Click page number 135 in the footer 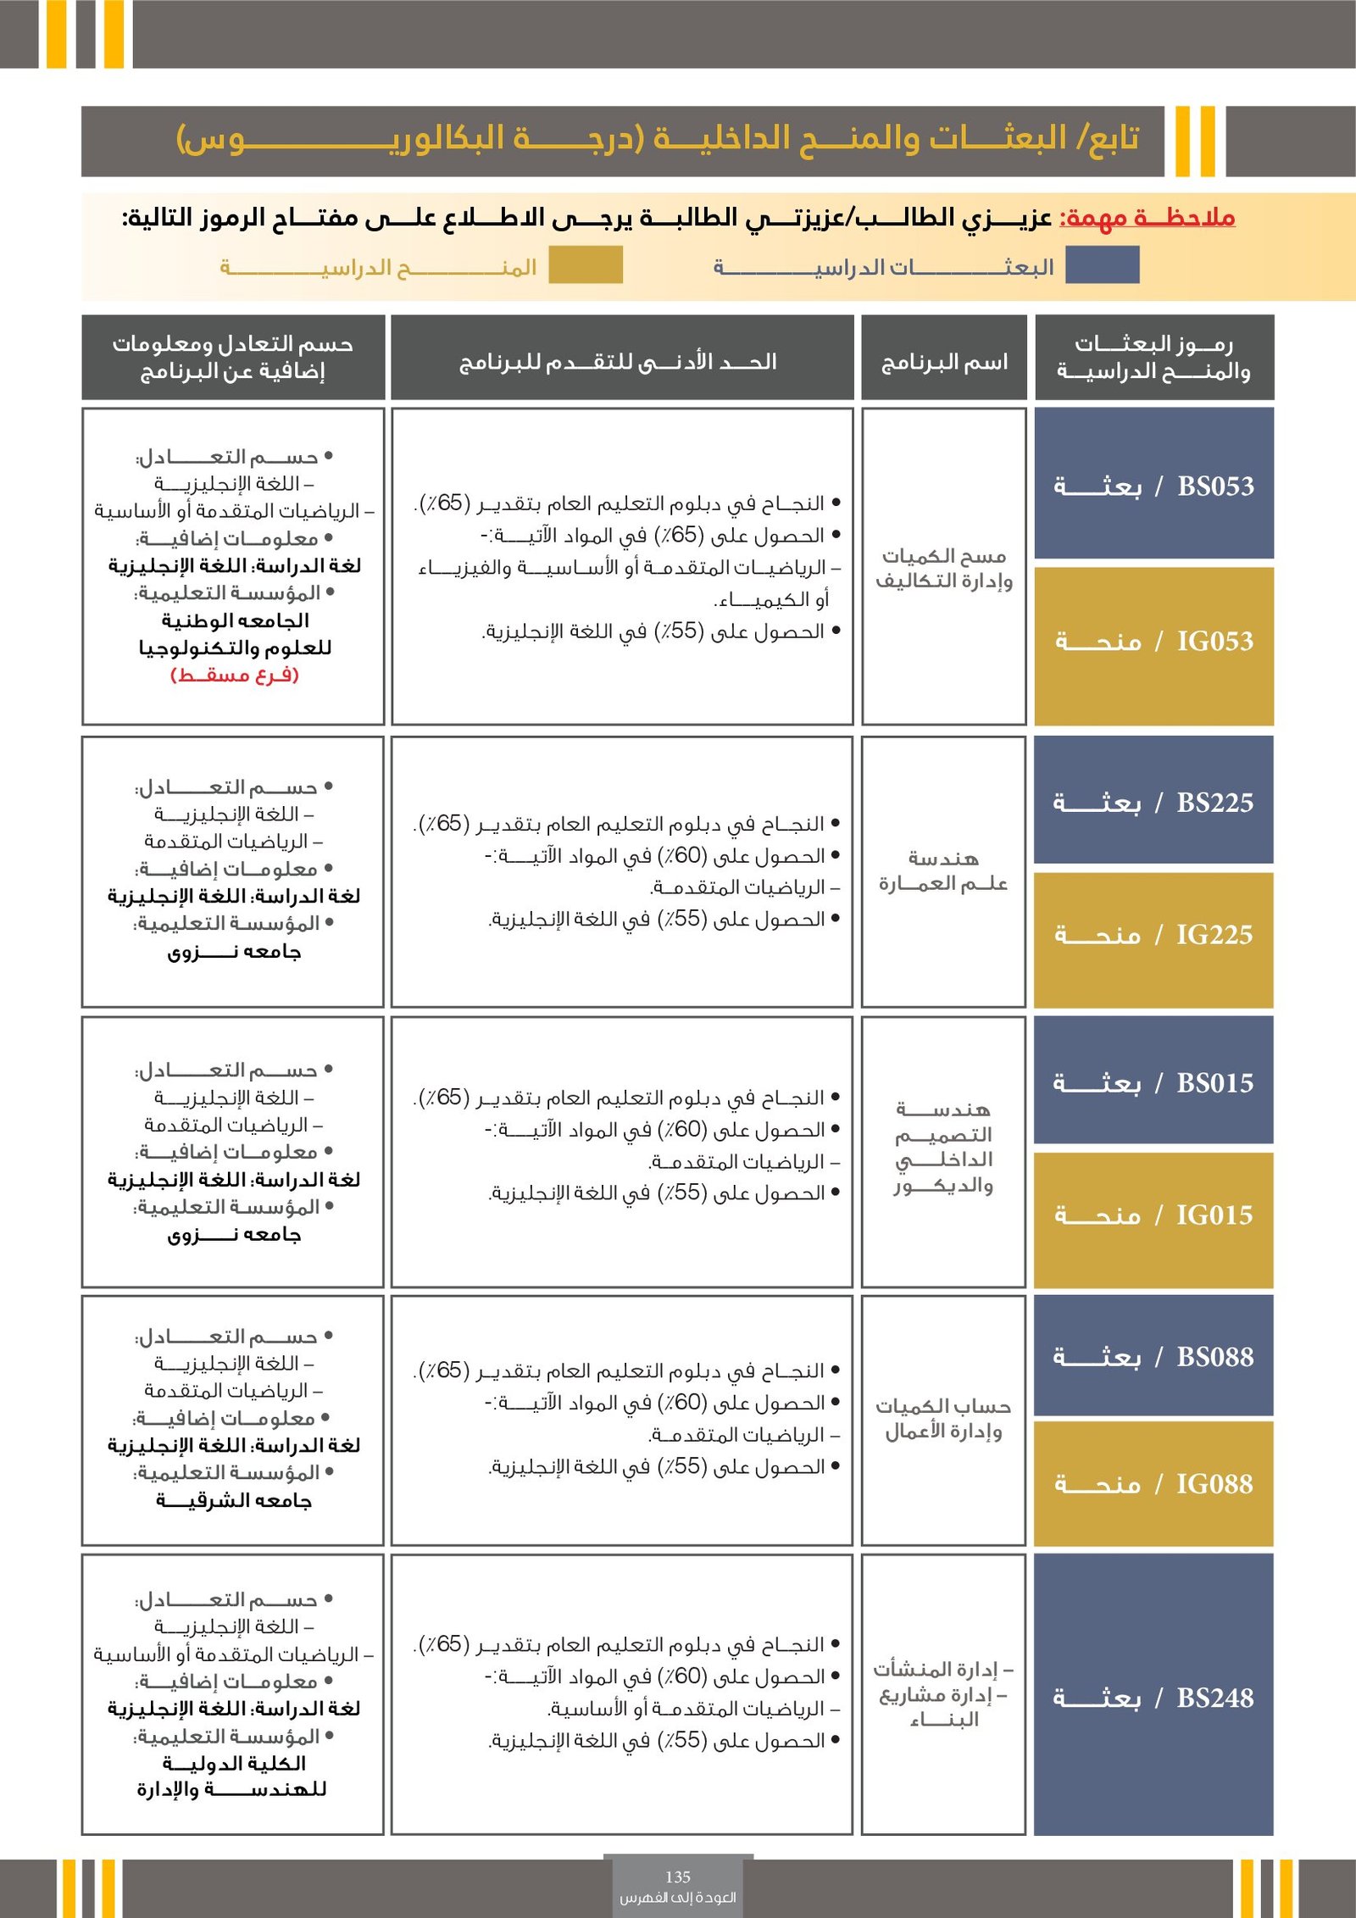(678, 1877)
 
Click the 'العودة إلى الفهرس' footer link (678, 1898)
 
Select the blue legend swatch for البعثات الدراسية (1102, 265)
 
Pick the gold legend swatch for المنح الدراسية (585, 265)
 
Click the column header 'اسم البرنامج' (944, 363)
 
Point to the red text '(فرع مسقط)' (235, 675)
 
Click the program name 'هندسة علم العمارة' (943, 871)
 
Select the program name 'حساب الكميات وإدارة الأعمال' (943, 1419)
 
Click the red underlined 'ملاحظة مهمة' (1148, 218)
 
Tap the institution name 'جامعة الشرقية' (235, 1501)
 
